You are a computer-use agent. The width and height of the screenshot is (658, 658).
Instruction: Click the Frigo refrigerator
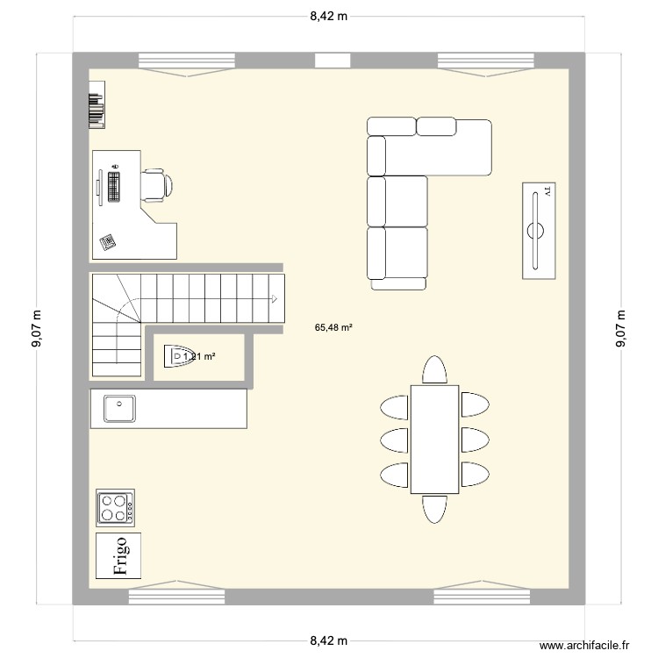click(117, 554)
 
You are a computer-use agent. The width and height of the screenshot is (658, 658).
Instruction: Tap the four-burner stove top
click(115, 507)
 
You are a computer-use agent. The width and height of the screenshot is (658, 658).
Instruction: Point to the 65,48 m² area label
click(333, 328)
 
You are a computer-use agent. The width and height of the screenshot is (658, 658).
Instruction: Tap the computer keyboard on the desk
click(113, 186)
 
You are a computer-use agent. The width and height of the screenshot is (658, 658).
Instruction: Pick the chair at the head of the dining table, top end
click(433, 369)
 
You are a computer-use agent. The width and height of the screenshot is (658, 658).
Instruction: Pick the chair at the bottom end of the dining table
click(433, 509)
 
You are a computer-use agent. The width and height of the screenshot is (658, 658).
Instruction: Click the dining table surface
click(433, 439)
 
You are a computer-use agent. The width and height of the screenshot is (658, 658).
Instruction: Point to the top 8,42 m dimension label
click(328, 16)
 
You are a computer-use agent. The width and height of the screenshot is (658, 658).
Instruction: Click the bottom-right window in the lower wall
click(483, 596)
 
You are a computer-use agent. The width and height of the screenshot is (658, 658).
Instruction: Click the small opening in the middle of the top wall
click(333, 61)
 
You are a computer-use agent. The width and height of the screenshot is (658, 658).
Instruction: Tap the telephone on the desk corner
click(108, 242)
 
